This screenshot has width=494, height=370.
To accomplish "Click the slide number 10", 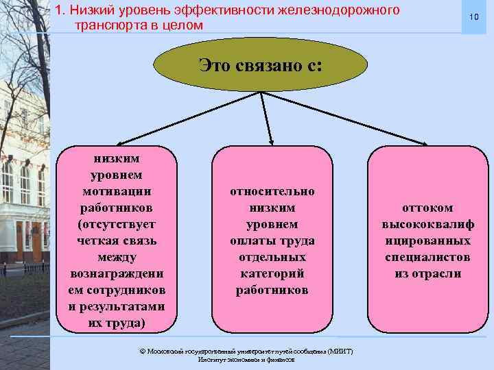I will click(x=473, y=16).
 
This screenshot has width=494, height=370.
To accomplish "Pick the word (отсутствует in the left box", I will click(x=117, y=224).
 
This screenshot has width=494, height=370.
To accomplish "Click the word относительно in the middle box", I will click(x=272, y=191).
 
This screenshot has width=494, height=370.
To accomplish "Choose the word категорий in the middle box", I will click(x=272, y=273).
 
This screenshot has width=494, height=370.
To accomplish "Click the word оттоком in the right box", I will click(x=428, y=208).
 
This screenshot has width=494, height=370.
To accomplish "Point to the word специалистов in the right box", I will click(x=428, y=257).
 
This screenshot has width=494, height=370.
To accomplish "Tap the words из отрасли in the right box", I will click(x=428, y=273).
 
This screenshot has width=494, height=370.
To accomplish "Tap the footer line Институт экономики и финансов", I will click(x=246, y=359).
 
